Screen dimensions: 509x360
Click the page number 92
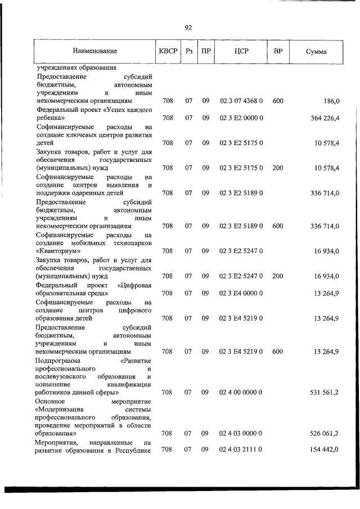pyautogui.click(x=188, y=27)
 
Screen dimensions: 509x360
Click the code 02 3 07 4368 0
pyautogui.click(x=241, y=101)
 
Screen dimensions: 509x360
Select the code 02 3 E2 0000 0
pyautogui.click(x=241, y=118)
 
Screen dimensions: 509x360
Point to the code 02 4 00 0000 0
pyautogui.click(x=241, y=391)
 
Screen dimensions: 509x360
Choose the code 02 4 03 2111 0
pyautogui.click(x=241, y=450)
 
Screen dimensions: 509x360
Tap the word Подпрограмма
pyautogui.click(x=58, y=360)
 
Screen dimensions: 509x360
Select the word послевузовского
pyautogui.click(x=60, y=376)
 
